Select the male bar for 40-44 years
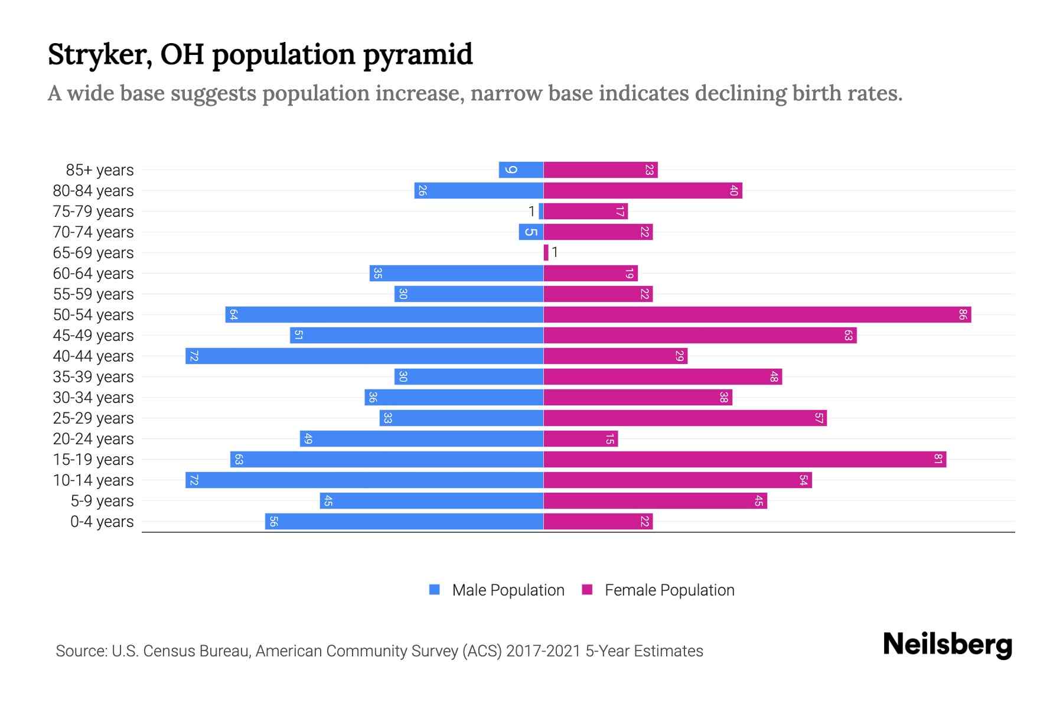point(364,356)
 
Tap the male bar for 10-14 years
point(364,480)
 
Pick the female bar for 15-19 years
point(744,460)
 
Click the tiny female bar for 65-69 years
point(546,253)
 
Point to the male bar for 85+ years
point(521,170)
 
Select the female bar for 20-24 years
point(581,439)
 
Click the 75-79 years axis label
point(93,212)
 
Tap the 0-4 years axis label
point(102,522)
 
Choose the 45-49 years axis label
point(93,336)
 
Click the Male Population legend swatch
point(435,590)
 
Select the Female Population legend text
point(669,590)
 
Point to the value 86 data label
point(963,315)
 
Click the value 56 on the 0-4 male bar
point(273,522)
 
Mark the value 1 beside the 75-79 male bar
point(531,212)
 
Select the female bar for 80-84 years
point(643,191)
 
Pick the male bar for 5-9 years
point(431,501)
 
